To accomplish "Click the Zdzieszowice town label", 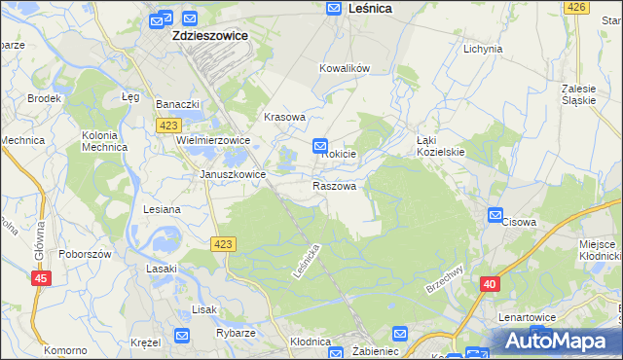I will (209, 35).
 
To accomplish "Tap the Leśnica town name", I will (370, 8).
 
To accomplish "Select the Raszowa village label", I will (334, 186).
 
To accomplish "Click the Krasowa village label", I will (285, 117).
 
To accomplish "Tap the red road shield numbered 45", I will (41, 279).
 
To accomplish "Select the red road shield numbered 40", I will (490, 284).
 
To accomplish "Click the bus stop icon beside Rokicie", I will (320, 146).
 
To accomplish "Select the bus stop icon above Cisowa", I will (495, 215).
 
